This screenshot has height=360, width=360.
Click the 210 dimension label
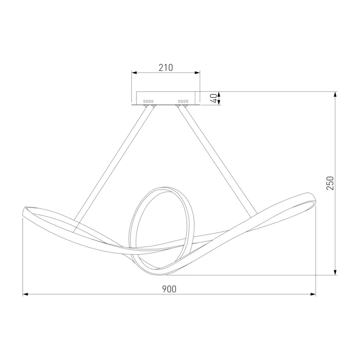(x=166, y=67)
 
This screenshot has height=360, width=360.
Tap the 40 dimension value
(x=214, y=98)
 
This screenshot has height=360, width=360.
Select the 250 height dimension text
(x=330, y=183)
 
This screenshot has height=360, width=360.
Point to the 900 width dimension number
(x=169, y=289)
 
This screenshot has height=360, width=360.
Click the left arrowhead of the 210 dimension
(x=134, y=73)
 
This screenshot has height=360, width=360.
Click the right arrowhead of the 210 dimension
(x=197, y=73)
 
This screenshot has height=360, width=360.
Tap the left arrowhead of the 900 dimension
(x=26, y=294)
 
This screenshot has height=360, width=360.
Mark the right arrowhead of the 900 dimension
(x=313, y=294)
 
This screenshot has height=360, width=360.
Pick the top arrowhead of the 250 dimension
(x=335, y=94)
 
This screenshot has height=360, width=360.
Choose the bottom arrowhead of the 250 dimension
(x=335, y=272)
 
